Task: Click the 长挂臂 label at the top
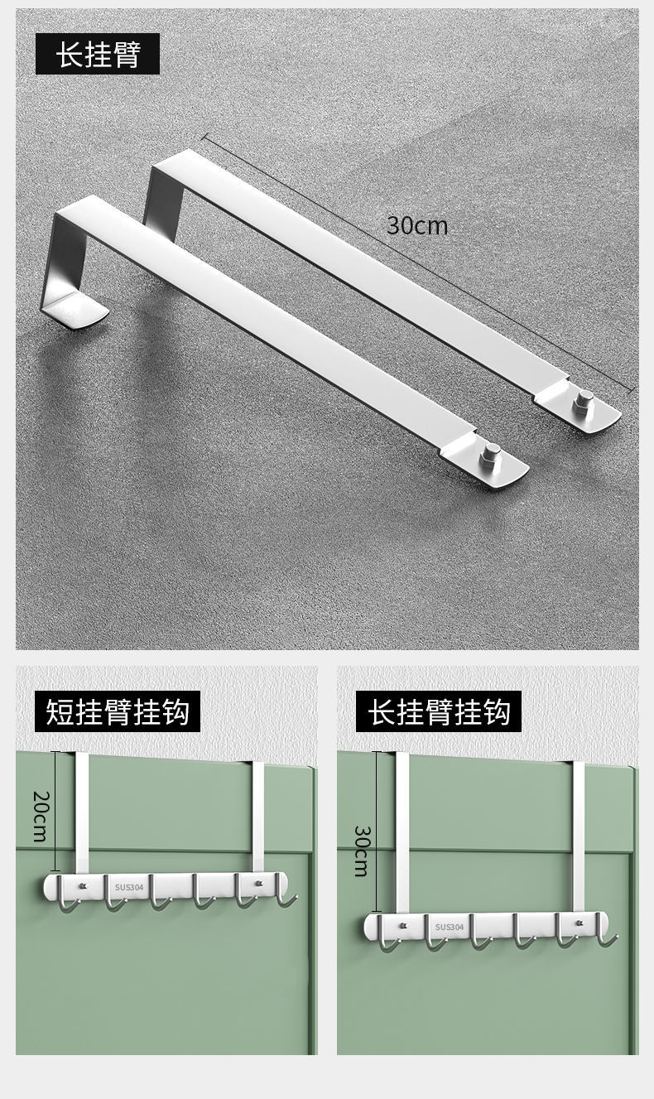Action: pos(98,54)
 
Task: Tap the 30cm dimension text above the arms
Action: pos(417,225)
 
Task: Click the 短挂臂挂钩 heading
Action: pos(118,711)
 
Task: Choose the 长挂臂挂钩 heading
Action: pos(439,711)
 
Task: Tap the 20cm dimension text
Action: pos(40,816)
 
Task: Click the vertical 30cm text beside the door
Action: pos(361,851)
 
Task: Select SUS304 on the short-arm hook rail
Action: pos(129,887)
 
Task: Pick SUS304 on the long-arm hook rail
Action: pos(450,927)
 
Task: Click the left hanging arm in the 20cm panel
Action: pos(82,812)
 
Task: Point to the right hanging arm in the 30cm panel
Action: pos(578,836)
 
